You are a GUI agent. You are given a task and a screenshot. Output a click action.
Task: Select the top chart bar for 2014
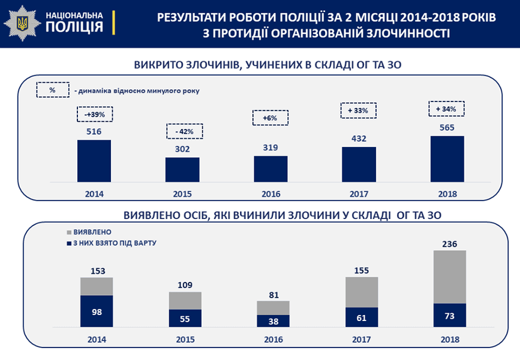(x=94, y=160)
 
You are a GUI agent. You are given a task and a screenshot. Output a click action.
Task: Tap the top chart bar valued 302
(x=182, y=169)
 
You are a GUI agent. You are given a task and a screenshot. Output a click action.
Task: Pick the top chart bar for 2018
(x=447, y=158)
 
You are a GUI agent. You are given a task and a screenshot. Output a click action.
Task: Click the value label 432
(x=359, y=138)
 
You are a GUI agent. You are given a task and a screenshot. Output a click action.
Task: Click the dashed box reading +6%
(x=270, y=118)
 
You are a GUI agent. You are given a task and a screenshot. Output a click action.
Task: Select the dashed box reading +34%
(x=446, y=109)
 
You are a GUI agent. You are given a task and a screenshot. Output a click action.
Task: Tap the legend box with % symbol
(x=52, y=90)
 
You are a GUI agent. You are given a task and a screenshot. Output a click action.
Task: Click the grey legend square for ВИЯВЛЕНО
(x=68, y=232)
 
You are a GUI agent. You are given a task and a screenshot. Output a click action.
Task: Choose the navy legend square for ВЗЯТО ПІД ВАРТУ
(x=68, y=243)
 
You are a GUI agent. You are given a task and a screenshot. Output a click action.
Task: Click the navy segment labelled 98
(x=97, y=311)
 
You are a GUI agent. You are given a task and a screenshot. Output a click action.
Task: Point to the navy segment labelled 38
(x=273, y=320)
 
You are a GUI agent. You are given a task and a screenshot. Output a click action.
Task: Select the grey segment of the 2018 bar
(x=449, y=276)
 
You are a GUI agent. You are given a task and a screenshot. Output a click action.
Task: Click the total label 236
(x=449, y=244)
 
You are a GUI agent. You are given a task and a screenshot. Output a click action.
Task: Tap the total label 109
(x=185, y=285)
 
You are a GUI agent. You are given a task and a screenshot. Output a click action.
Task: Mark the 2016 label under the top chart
(x=270, y=194)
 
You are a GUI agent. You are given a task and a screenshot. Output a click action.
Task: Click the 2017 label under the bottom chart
(x=361, y=339)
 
